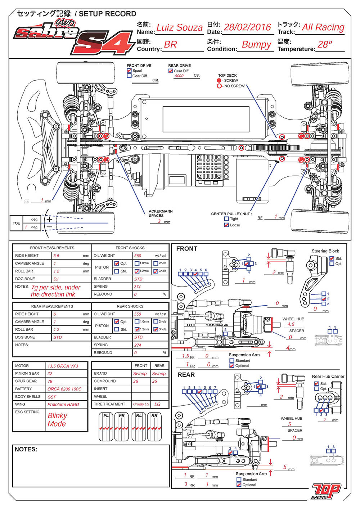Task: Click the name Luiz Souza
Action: pyautogui.click(x=179, y=28)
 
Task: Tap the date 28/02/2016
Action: pyautogui.click(x=247, y=27)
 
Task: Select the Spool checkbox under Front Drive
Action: pyautogui.click(x=129, y=71)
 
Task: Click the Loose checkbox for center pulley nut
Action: pyautogui.click(x=226, y=225)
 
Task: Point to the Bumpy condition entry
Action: pyautogui.click(x=256, y=45)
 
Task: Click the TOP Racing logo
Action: pyautogui.click(x=326, y=491)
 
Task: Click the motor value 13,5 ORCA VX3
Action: pyautogui.click(x=63, y=366)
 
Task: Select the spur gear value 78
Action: pyautogui.click(x=50, y=381)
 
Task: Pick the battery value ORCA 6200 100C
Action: pyautogui.click(x=64, y=389)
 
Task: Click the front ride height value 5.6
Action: pyautogui.click(x=56, y=256)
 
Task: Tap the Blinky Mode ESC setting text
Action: pyautogui.click(x=57, y=420)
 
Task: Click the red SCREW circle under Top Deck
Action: pyautogui.click(x=219, y=81)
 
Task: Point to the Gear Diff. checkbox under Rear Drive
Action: pyautogui.click(x=171, y=71)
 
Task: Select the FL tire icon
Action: pyautogui.click(x=106, y=427)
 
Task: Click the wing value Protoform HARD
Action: pyautogui.click(x=63, y=405)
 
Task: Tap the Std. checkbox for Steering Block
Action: pyautogui.click(x=332, y=258)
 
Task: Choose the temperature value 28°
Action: pyautogui.click(x=325, y=45)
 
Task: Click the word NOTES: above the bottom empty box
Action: pyautogui.click(x=26, y=450)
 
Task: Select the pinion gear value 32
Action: pyautogui.click(x=50, y=374)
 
